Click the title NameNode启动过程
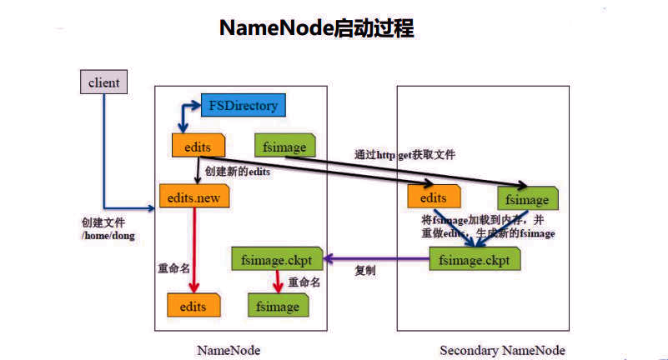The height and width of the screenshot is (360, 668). pos(316,28)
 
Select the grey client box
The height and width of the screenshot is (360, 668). pos(103,82)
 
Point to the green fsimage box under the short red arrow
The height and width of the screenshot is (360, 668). pos(278,306)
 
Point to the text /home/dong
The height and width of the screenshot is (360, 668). pos(108,237)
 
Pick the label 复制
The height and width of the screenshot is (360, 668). pos(365,272)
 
